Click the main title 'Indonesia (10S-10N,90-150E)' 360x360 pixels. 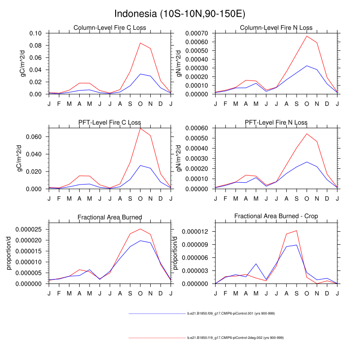180,14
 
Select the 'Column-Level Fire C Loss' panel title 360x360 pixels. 110,28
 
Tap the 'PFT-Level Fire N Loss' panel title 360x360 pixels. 276,122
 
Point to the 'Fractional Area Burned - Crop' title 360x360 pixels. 276,216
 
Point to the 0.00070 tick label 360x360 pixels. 198,33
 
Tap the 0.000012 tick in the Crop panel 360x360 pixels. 196,232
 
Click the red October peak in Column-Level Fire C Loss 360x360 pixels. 140,43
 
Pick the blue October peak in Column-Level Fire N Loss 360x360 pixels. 307,66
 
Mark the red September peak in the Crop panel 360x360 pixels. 297,230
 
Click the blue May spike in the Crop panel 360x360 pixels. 256,264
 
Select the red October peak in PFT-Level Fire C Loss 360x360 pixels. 140,128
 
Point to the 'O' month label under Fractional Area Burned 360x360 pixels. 140,293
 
